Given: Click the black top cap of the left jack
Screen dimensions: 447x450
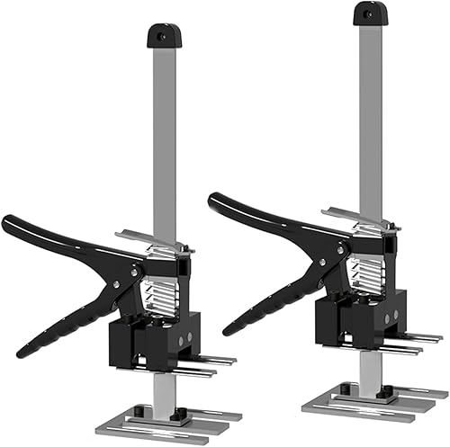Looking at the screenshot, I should (160, 37).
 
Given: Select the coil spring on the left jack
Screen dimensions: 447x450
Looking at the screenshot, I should (161, 288).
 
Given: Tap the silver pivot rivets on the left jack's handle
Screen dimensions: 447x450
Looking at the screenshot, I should (137, 268).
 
